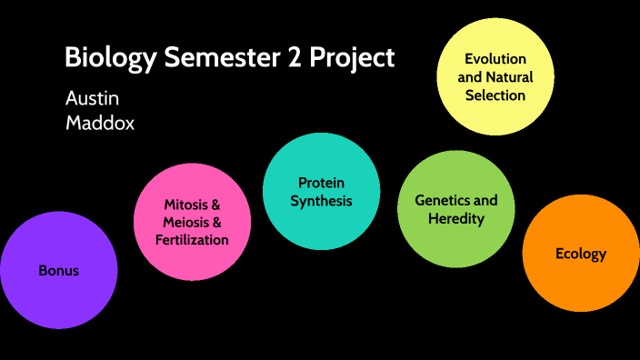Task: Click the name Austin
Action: [92, 98]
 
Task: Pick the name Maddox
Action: [100, 123]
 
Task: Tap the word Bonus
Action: [59, 270]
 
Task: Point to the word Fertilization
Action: [192, 240]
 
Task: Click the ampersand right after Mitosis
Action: [215, 205]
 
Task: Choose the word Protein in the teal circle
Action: [321, 183]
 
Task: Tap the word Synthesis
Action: [321, 201]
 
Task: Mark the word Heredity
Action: [456, 218]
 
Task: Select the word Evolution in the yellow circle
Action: [495, 59]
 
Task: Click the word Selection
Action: [495, 95]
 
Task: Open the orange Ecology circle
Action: [580, 254]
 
